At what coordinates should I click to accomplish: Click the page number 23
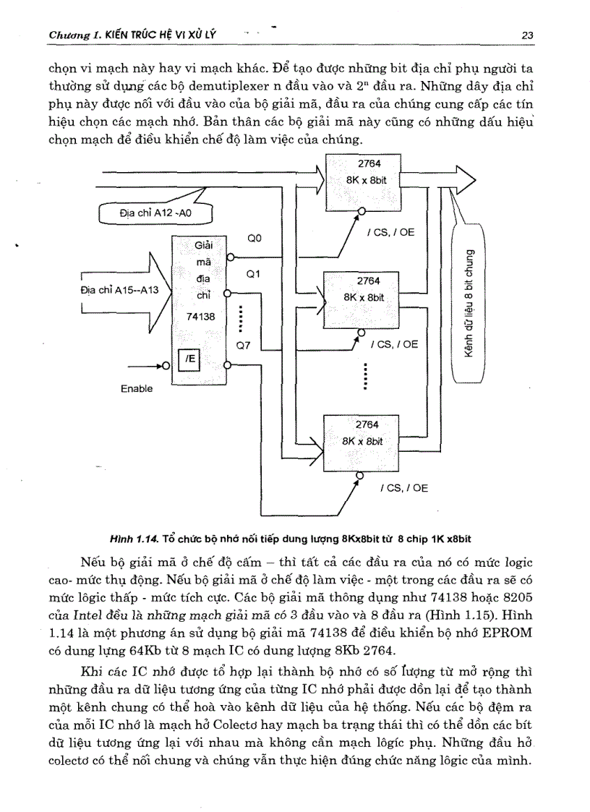(x=526, y=35)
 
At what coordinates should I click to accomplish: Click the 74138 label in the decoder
(x=198, y=316)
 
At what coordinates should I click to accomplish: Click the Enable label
(x=137, y=389)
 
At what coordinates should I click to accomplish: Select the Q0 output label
(x=255, y=238)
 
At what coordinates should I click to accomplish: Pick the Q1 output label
(x=253, y=274)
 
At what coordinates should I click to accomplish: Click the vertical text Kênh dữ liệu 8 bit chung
(x=471, y=304)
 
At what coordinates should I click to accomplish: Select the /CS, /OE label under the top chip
(x=390, y=233)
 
